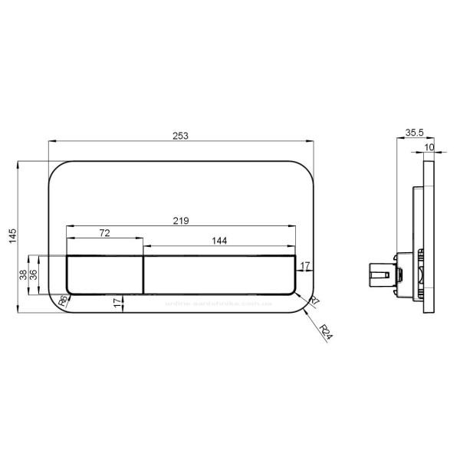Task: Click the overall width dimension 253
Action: [180, 135]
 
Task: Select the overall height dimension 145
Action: [11, 238]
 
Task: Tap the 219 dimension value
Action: [181, 221]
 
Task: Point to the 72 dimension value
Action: [105, 232]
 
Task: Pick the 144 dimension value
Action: [219, 241]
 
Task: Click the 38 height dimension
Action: [23, 274]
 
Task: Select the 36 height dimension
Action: [33, 274]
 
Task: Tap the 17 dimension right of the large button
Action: [304, 266]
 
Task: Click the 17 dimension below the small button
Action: [117, 303]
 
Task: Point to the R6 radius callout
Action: [62, 302]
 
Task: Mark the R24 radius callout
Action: [327, 332]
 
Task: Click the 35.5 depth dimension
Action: [413, 133]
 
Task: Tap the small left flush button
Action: [104, 274]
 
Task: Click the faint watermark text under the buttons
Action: [219, 304]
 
